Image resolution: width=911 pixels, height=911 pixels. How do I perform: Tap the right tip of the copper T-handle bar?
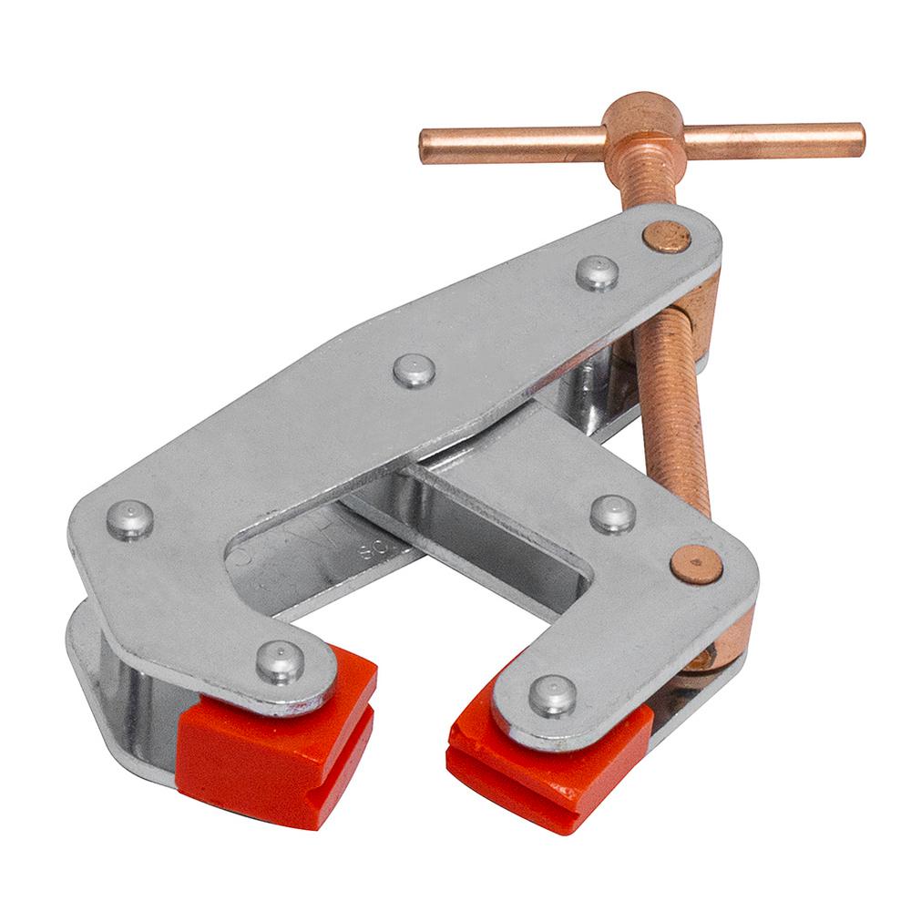click(858, 141)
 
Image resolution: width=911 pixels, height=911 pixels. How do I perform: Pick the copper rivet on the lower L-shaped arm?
click(697, 564)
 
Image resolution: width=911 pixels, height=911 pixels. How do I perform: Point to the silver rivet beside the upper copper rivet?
click(598, 273)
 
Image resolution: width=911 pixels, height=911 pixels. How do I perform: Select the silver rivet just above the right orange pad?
click(554, 696)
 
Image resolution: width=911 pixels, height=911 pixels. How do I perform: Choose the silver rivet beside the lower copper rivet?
click(613, 514)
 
